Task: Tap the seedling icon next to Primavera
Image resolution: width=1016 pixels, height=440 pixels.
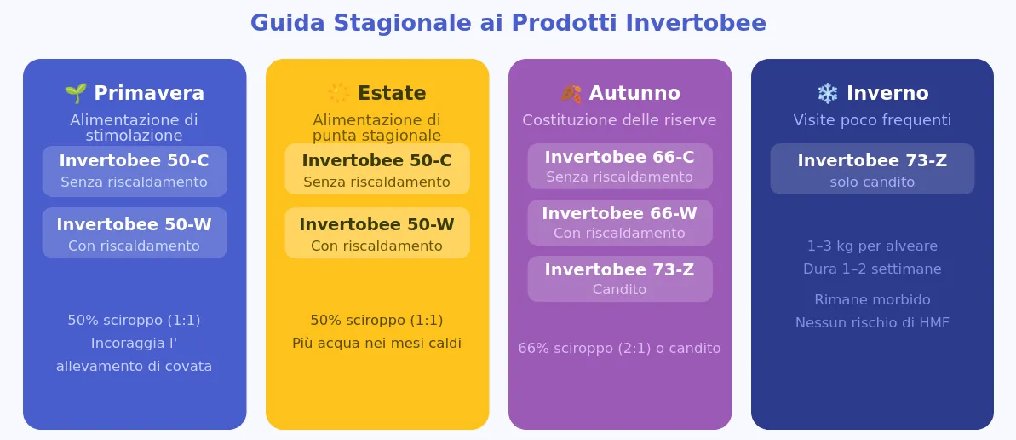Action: click(x=76, y=94)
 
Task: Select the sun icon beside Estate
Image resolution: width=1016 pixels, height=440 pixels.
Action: click(x=338, y=94)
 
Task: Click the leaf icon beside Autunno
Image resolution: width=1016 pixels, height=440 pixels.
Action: click(x=571, y=94)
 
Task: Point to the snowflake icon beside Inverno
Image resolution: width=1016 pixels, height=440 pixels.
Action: click(x=828, y=94)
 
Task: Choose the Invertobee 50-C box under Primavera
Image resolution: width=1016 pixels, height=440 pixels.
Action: click(x=135, y=171)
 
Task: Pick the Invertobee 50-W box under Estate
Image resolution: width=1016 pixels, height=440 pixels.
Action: click(x=377, y=233)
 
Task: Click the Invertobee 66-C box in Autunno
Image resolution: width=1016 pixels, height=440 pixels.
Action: click(x=620, y=166)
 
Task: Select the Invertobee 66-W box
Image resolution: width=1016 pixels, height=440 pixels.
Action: click(x=620, y=223)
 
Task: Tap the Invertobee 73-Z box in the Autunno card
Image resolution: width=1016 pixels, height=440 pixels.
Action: click(x=620, y=279)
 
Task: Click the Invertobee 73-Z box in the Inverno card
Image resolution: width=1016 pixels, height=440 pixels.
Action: click(x=872, y=169)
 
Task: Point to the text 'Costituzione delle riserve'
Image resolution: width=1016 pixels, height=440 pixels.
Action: click(x=619, y=121)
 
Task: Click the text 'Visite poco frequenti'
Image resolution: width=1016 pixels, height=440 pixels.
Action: click(x=872, y=121)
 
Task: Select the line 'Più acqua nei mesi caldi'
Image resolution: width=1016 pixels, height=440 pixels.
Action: click(x=377, y=344)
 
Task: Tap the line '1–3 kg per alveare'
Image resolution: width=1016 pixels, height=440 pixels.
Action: click(x=872, y=246)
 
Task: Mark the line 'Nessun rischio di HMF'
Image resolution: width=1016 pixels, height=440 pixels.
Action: click(x=872, y=322)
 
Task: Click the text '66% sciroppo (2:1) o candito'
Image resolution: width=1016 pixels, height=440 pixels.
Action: click(x=619, y=349)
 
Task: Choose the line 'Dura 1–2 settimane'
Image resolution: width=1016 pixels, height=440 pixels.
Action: click(x=872, y=269)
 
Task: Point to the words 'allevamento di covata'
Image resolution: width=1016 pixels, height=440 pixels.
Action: click(x=134, y=366)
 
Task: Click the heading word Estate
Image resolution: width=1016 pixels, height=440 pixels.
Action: click(x=392, y=94)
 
